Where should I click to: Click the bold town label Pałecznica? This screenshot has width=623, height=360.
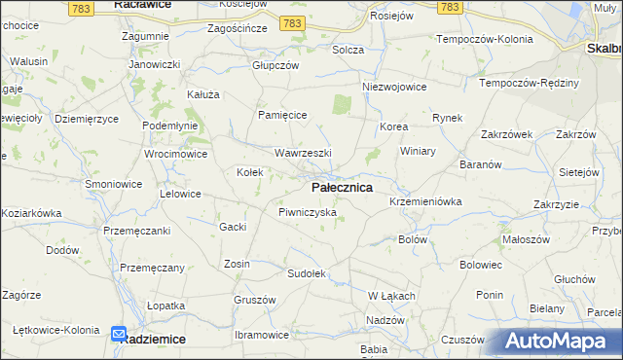coord(342,187)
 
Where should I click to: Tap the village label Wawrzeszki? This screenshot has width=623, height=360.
coord(303,154)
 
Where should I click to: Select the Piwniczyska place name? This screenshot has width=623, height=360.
coord(307,211)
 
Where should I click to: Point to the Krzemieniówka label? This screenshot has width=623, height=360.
coord(424,200)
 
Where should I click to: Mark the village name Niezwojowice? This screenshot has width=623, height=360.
coord(394,87)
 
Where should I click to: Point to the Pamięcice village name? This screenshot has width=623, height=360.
coord(282,115)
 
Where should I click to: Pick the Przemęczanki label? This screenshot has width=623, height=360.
coord(137,231)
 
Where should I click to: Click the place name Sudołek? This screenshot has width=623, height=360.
coord(305,273)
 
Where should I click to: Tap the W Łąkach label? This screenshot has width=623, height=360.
coord(392,296)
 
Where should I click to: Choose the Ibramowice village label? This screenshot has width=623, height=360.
coord(262,335)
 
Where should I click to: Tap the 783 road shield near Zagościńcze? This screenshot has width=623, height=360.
coord(290,21)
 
